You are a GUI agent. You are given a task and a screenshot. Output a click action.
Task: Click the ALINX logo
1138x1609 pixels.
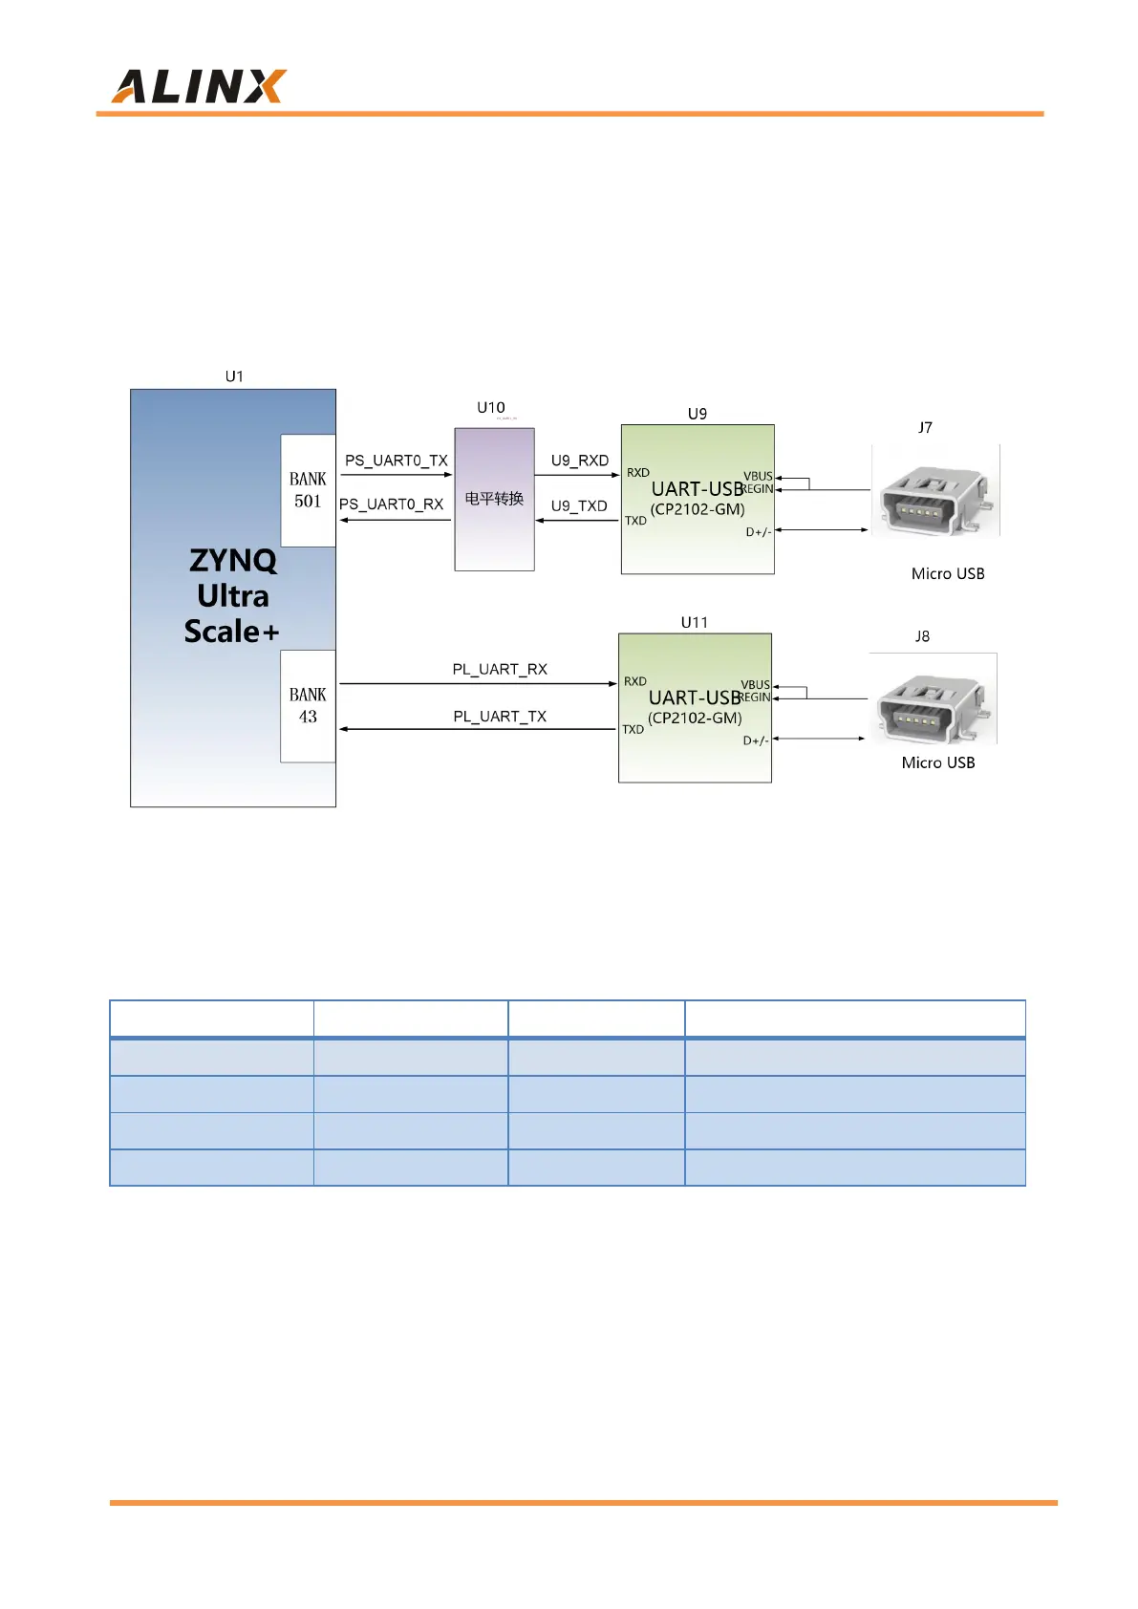[x=199, y=87]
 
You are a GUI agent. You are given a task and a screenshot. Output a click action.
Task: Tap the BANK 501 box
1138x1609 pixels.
[x=308, y=490]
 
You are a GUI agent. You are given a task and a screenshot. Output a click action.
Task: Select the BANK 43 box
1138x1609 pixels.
[x=308, y=705]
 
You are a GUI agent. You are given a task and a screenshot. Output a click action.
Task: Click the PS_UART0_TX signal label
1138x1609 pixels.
[x=396, y=461]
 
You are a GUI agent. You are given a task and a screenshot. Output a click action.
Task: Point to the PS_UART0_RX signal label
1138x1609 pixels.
[x=392, y=504]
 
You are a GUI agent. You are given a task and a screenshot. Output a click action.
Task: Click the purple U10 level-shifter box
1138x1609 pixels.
[x=494, y=499]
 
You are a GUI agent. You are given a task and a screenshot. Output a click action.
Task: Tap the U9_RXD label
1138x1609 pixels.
[x=579, y=461]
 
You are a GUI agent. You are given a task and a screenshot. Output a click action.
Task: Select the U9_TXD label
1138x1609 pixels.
[x=579, y=506]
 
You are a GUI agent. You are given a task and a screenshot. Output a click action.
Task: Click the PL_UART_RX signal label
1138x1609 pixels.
[x=500, y=670]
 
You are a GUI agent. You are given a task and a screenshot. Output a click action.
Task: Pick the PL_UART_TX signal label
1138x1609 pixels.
[x=500, y=717]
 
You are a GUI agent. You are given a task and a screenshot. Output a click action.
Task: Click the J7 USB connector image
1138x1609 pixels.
[x=934, y=491]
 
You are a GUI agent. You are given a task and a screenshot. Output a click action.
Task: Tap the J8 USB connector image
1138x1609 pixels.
[x=933, y=699]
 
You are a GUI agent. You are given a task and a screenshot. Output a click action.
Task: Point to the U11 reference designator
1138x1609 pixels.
[x=695, y=622]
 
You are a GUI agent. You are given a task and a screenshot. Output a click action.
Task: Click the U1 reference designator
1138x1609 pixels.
[x=234, y=376]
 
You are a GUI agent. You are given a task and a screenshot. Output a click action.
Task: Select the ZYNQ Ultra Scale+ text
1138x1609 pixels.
[x=232, y=595]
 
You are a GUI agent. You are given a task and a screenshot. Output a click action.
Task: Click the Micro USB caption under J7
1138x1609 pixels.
[x=948, y=574]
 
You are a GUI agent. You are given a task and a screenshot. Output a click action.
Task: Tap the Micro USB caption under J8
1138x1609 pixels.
[x=938, y=763]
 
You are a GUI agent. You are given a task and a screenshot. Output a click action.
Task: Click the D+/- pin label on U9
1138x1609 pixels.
[x=758, y=532]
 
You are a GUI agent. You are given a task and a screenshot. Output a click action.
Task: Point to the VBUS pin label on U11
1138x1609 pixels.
[x=755, y=685]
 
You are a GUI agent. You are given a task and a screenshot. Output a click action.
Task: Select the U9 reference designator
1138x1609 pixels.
[x=698, y=414]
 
